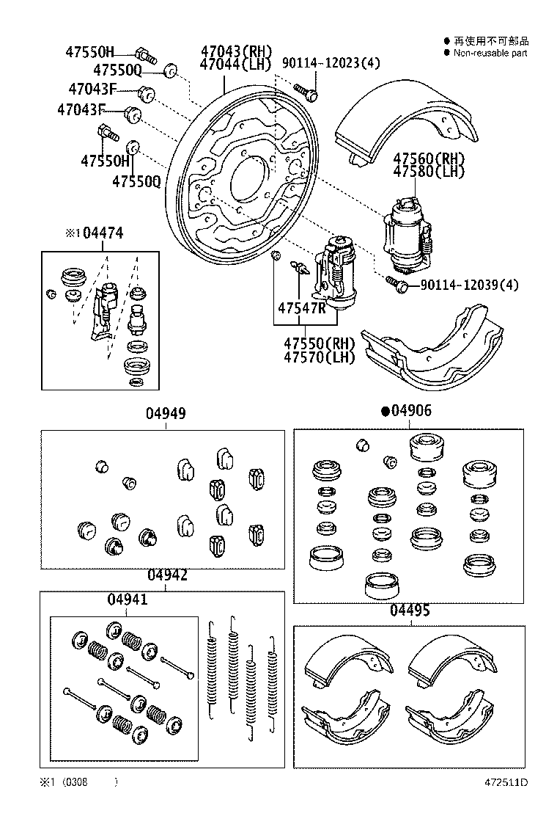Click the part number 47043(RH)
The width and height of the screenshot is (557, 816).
tap(236, 51)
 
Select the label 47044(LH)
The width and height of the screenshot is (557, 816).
tap(236, 65)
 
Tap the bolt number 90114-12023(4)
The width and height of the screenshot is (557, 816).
tap(331, 64)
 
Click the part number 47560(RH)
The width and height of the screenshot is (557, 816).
tap(429, 159)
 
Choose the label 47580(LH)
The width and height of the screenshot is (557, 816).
tap(429, 172)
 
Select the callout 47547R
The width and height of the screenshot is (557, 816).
tap(301, 307)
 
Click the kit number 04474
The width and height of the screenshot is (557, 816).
tap(102, 233)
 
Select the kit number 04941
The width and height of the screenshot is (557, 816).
tap(128, 599)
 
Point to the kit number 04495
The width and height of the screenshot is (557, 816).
tap(410, 611)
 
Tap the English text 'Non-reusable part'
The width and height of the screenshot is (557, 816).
tap(490, 53)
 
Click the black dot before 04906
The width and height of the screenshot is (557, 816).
tap(384, 412)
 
